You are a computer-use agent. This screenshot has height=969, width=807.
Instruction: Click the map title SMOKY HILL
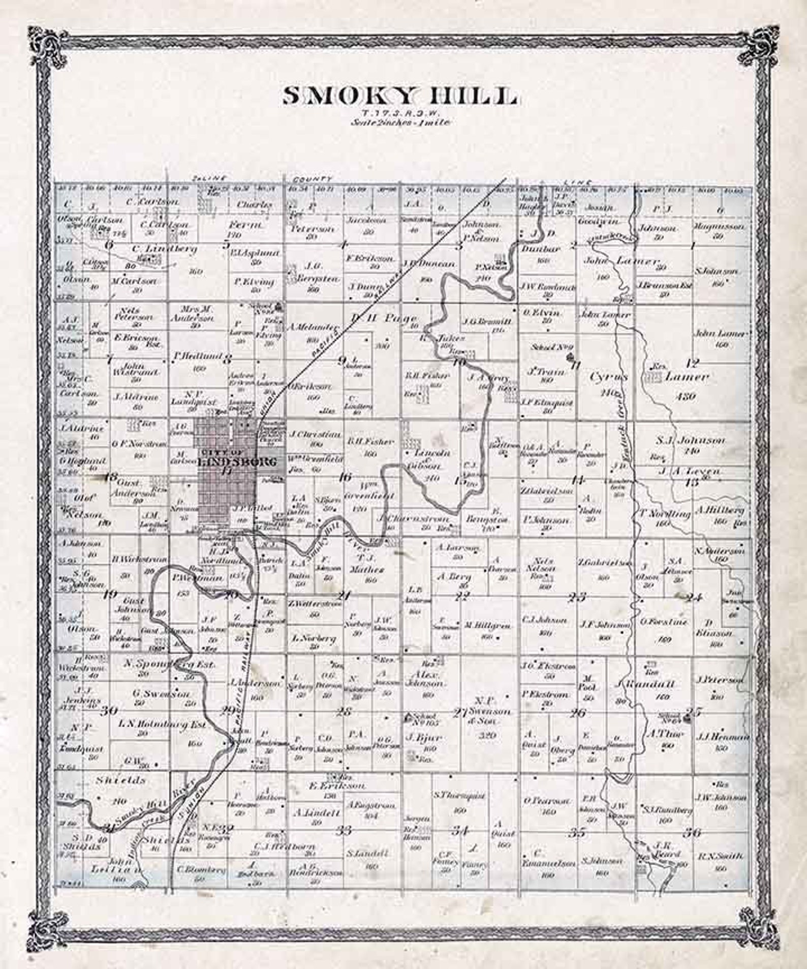point(401,96)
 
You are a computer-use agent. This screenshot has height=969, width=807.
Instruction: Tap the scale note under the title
point(401,122)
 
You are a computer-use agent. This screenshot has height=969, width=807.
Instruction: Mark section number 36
point(692,833)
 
